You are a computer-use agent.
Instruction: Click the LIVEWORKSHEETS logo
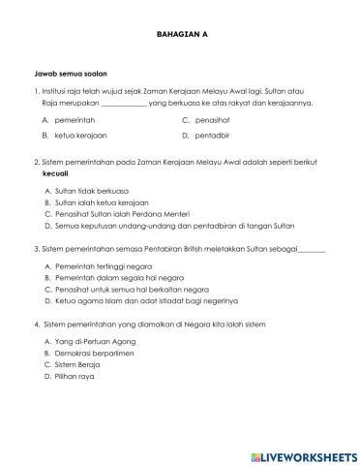(302, 454)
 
